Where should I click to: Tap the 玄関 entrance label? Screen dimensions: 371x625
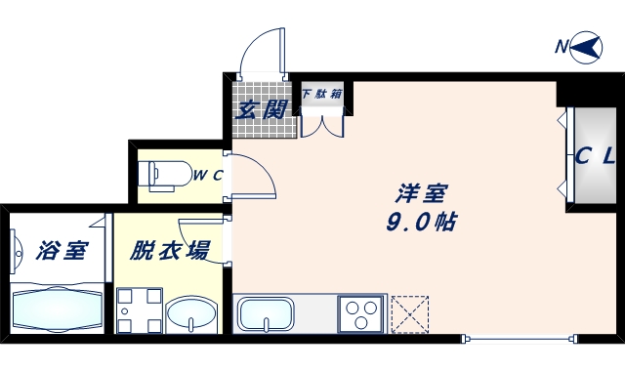261,108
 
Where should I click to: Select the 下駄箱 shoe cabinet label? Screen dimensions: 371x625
321,95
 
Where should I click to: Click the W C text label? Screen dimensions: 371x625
207,176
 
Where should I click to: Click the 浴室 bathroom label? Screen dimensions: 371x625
61,250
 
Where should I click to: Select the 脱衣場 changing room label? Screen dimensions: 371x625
170,250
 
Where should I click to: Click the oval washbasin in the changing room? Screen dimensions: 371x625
191,316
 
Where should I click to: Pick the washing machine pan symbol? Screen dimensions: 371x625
138,311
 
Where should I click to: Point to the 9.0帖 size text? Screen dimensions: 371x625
422,222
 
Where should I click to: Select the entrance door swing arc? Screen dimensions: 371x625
261,49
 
